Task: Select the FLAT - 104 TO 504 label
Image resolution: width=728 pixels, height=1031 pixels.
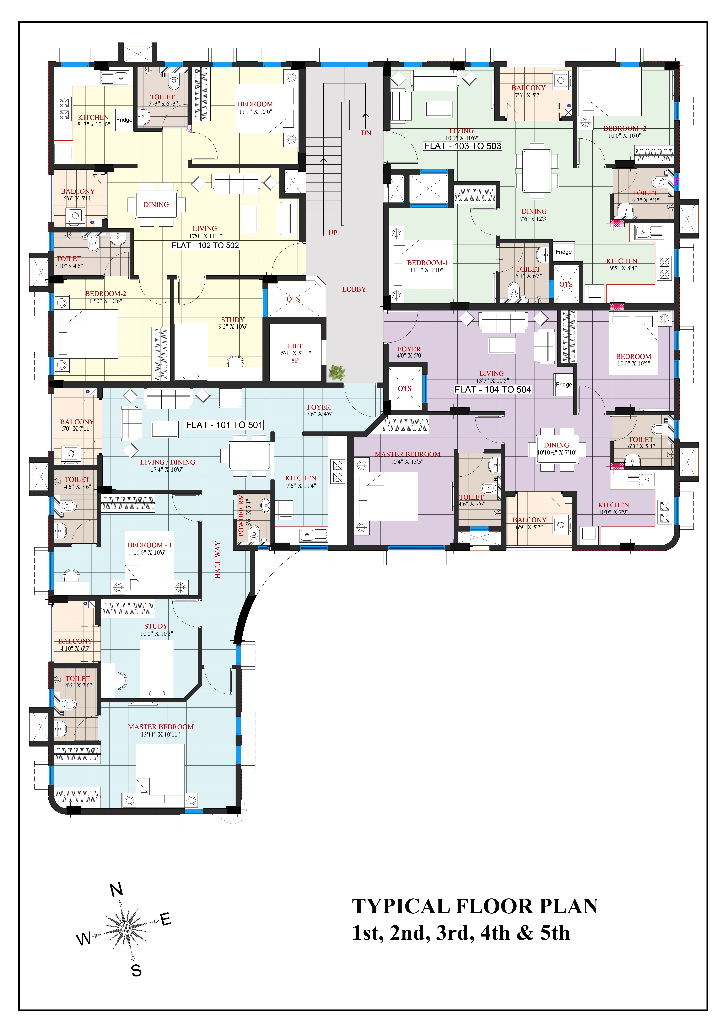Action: click(x=492, y=389)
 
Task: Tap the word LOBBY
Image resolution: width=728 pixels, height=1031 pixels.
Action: click(x=354, y=289)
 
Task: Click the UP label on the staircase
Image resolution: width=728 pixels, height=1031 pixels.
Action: click(x=332, y=233)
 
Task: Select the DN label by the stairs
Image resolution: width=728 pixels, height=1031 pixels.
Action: click(x=366, y=133)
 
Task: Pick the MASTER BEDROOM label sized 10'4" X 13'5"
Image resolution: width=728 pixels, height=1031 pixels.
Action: click(x=407, y=454)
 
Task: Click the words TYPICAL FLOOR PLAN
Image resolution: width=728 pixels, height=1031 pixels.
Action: click(x=475, y=906)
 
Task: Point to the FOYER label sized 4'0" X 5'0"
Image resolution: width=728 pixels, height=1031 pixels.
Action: click(x=409, y=349)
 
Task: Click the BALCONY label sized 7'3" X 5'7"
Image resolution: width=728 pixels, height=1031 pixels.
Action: click(x=528, y=88)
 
